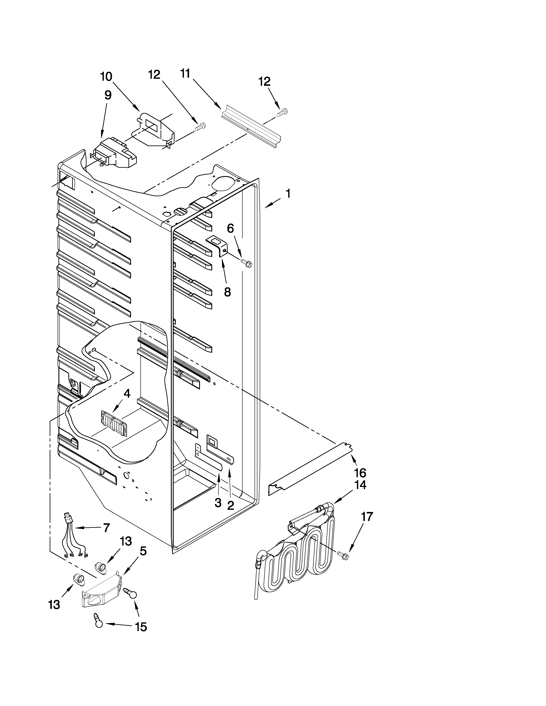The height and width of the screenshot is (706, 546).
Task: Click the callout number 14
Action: [360, 485]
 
